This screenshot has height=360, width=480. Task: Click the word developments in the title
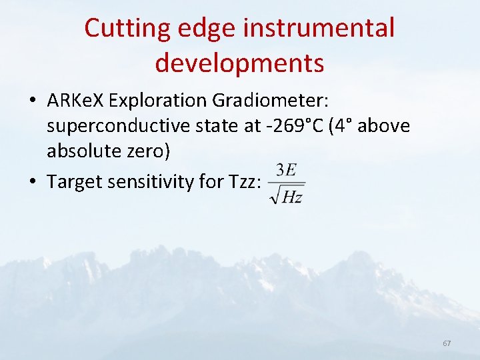pyautogui.click(x=239, y=63)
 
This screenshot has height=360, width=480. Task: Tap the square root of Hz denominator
pyautogui.click(x=286, y=195)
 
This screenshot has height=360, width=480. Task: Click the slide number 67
pyautogui.click(x=447, y=343)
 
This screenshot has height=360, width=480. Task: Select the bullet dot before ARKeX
pyautogui.click(x=33, y=101)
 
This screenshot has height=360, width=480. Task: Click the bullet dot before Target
pyautogui.click(x=33, y=181)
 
